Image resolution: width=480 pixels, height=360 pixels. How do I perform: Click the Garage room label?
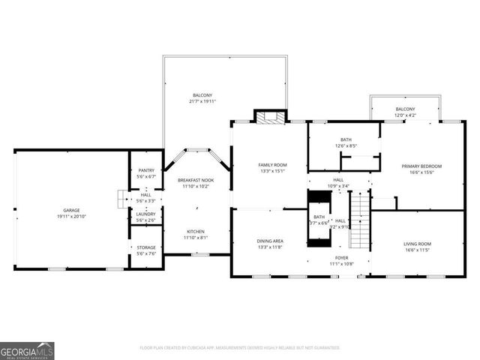[71, 211]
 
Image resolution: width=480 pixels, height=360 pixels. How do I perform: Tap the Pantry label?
[146, 170]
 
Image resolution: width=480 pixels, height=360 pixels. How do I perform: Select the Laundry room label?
[146, 214]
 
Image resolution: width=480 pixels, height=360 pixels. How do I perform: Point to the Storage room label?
[146, 247]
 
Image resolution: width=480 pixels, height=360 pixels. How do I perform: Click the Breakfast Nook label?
[196, 180]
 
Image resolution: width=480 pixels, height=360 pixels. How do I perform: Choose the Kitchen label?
[196, 231]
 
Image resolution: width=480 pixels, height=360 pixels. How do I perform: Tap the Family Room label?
[272, 165]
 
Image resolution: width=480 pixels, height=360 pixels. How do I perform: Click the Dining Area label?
[270, 241]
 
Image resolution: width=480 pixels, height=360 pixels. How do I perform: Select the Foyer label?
[341, 258]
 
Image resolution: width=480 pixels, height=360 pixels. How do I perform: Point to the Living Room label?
[418, 244]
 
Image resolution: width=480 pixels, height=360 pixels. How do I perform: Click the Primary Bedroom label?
[421, 166]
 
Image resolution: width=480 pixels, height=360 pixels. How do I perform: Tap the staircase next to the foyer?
[361, 221]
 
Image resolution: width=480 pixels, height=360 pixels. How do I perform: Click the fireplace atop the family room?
[270, 116]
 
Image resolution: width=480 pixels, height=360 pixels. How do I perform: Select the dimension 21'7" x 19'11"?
[202, 101]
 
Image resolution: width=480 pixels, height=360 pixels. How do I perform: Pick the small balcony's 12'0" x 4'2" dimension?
[405, 115]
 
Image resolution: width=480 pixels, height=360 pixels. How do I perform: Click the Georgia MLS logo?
[27, 350]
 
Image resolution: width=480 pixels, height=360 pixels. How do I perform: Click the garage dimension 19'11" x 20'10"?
[71, 216]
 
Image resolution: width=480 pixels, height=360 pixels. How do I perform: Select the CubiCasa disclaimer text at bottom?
[240, 348]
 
